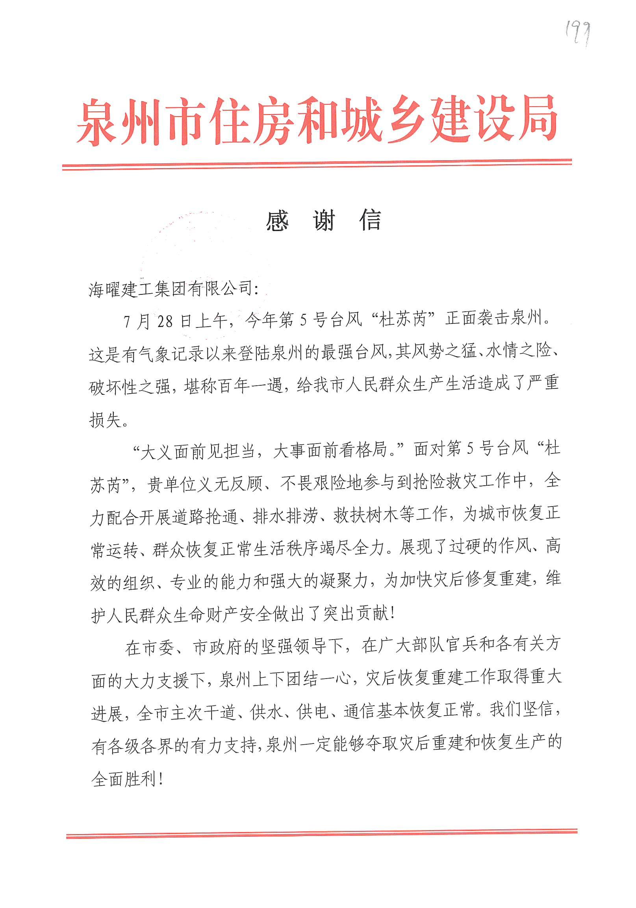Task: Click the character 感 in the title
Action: [277, 221]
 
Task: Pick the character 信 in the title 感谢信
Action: [370, 221]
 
